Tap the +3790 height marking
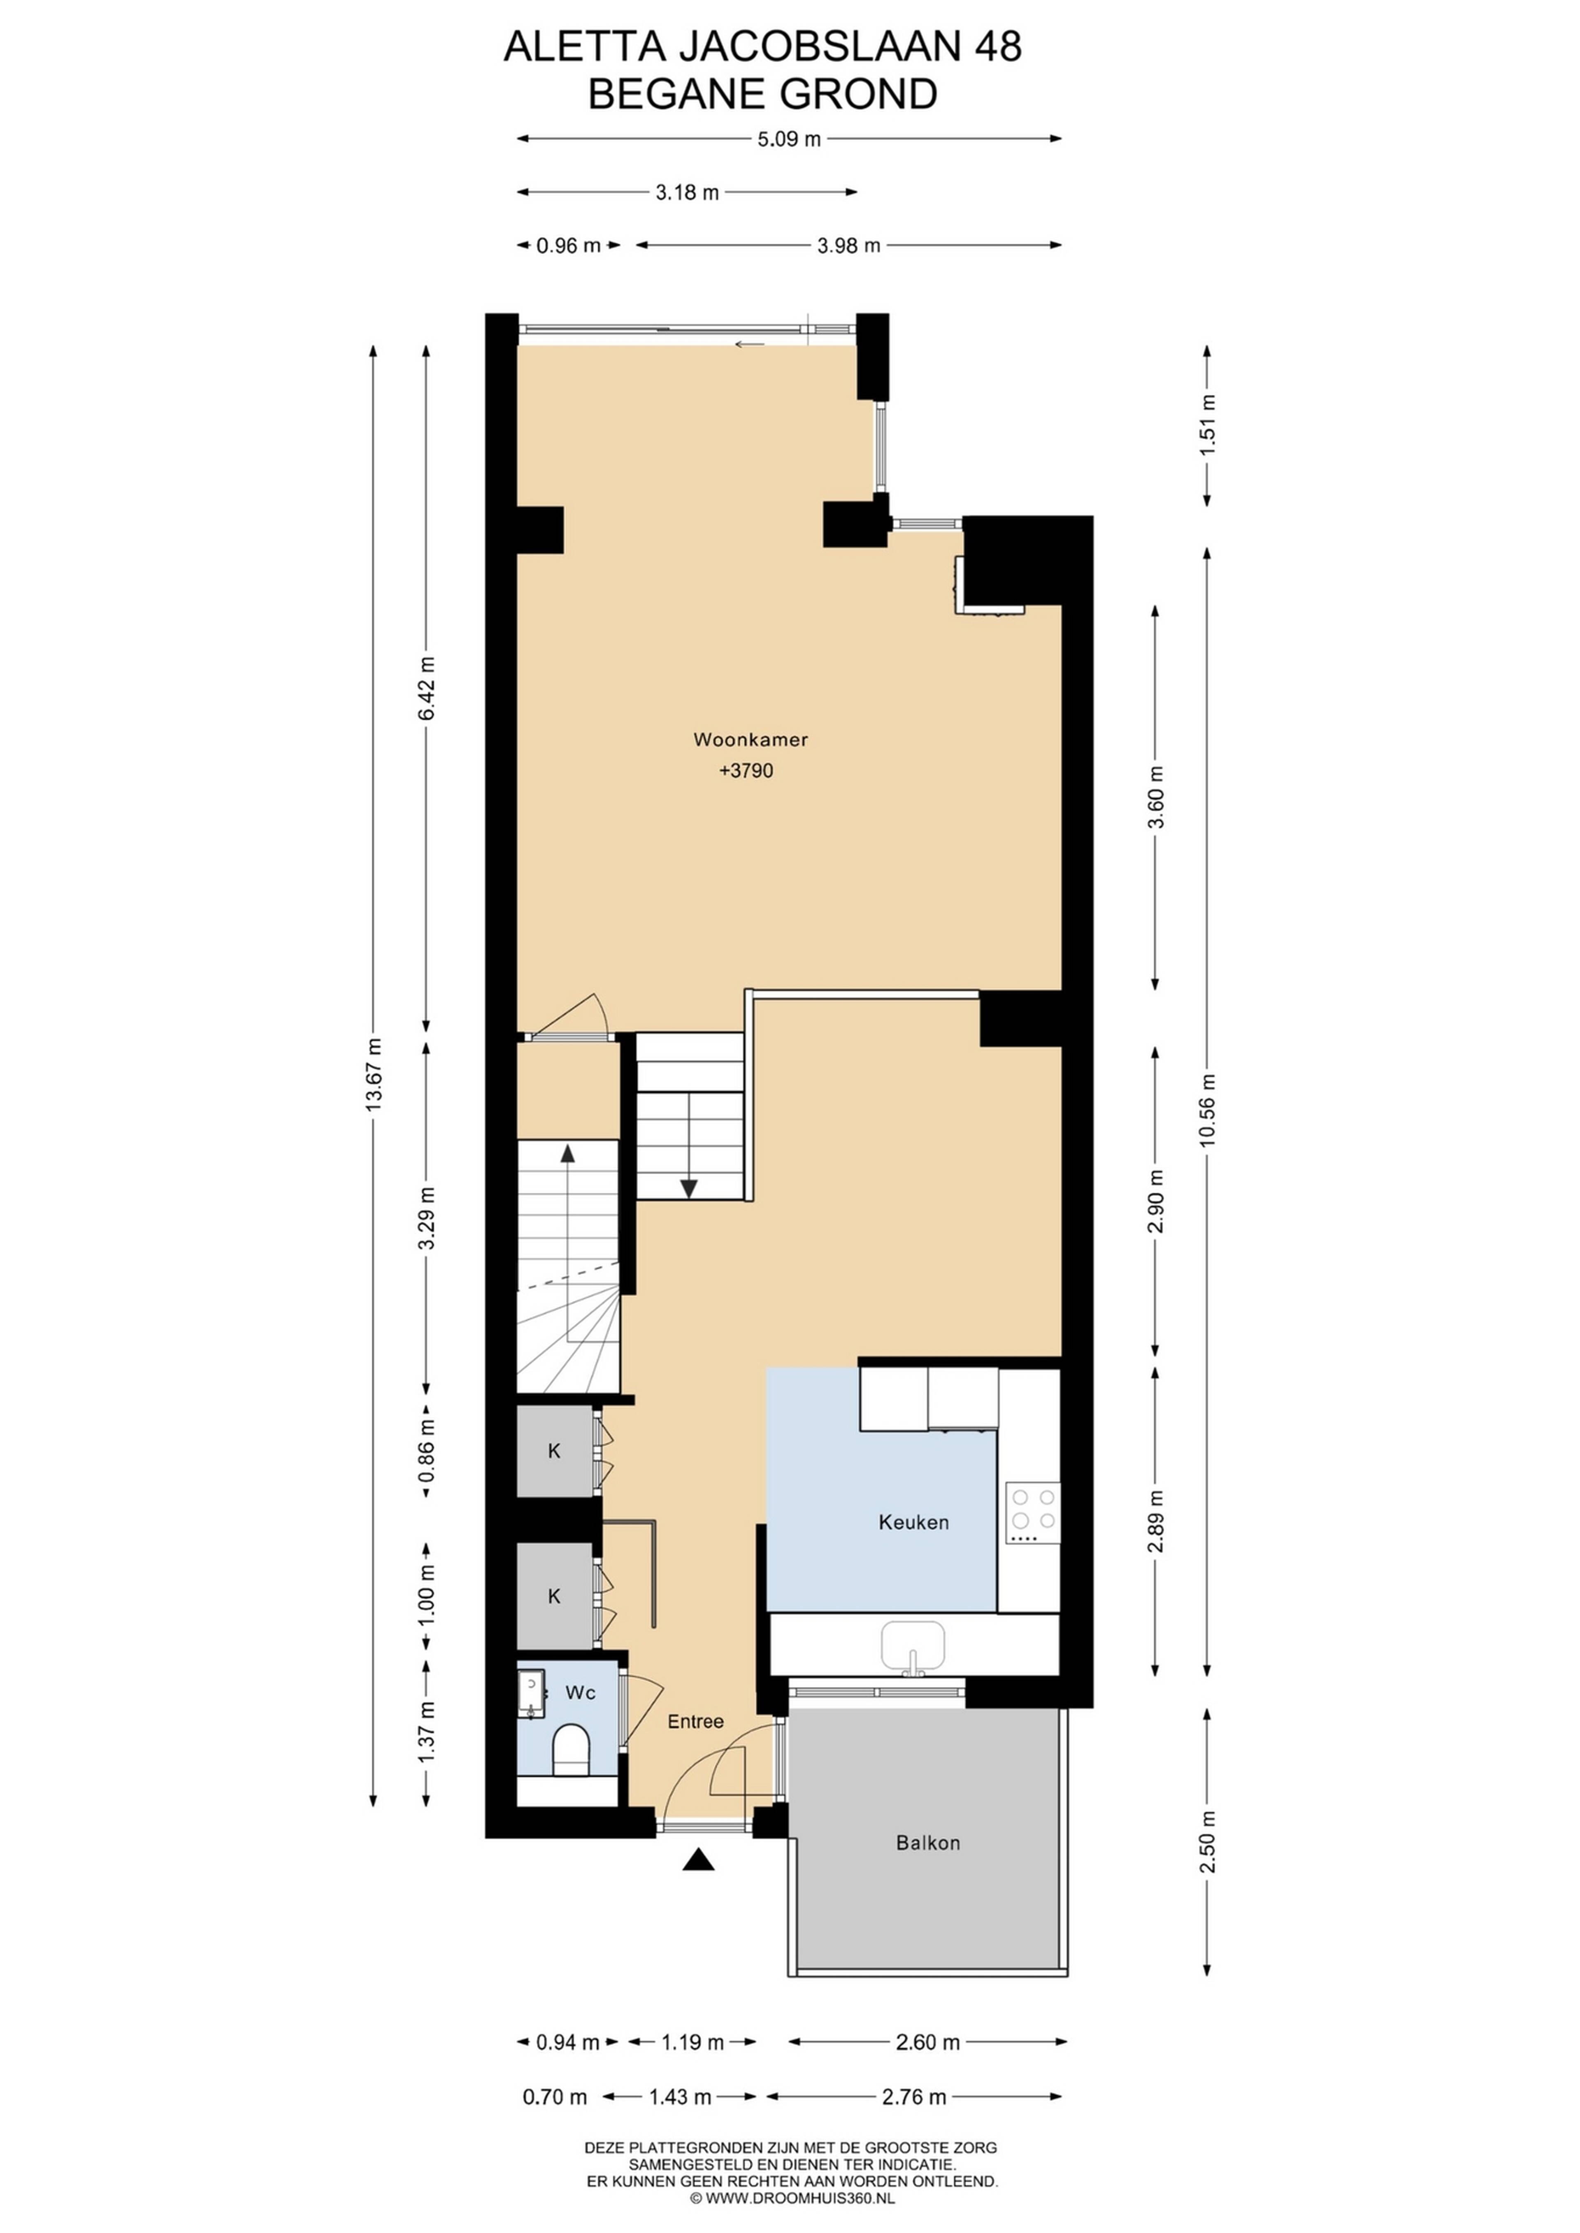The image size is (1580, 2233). pyautogui.click(x=746, y=771)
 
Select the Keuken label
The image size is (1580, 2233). pyautogui.click(x=913, y=1522)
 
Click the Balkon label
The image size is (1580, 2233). pyautogui.click(x=928, y=1843)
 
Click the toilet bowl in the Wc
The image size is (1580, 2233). pyautogui.click(x=571, y=1751)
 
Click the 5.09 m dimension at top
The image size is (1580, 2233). pyautogui.click(x=789, y=139)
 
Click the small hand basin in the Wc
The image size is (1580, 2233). pyautogui.click(x=530, y=1694)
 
